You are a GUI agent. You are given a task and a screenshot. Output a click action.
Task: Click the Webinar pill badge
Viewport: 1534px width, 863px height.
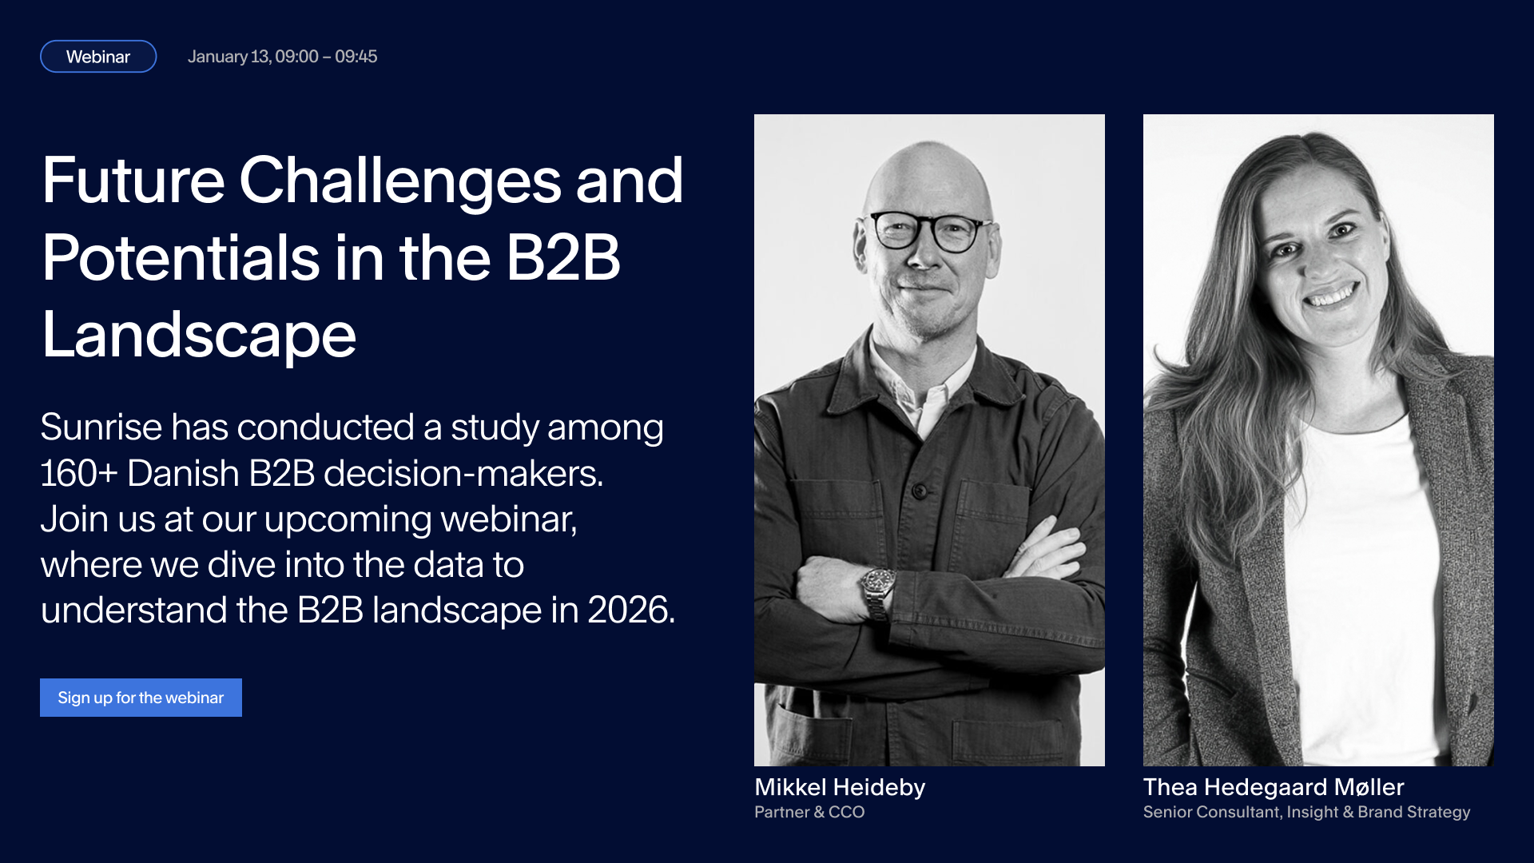coord(98,57)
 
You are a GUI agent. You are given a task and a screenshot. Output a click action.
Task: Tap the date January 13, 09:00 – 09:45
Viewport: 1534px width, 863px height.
coord(282,57)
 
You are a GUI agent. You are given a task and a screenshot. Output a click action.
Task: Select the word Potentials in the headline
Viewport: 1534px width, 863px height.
coord(181,258)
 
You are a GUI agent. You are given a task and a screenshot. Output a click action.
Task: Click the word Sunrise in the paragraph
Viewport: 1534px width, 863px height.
coord(101,427)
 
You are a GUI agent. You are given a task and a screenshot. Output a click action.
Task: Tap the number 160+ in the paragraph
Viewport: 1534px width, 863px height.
coord(79,473)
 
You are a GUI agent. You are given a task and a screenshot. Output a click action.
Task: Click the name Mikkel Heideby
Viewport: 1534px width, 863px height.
coord(840,787)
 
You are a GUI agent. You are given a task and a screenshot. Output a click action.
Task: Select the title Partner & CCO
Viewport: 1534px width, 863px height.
coord(809,812)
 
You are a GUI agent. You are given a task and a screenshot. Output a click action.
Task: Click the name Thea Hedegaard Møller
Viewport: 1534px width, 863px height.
coord(1274,787)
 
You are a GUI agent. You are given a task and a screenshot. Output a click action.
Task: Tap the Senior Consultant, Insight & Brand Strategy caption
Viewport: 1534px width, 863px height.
coord(1306,812)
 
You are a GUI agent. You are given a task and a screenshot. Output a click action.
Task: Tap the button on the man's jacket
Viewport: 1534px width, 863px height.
coord(920,490)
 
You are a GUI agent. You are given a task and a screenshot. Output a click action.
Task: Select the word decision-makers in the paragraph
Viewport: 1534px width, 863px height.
coord(463,473)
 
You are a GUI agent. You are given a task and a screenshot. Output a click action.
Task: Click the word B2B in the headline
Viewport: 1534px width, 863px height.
coord(563,258)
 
